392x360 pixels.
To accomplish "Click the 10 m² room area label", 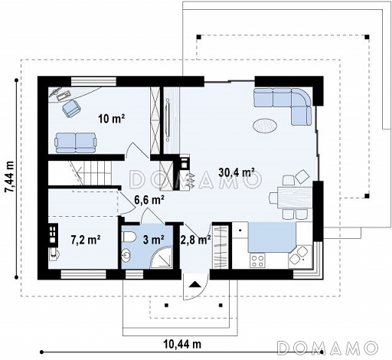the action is click(112, 119).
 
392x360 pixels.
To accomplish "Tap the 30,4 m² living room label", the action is click(237, 172).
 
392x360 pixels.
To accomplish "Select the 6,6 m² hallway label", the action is click(149, 200).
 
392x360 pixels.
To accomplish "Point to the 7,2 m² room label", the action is click(86, 240).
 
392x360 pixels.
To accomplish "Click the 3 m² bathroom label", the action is click(153, 240).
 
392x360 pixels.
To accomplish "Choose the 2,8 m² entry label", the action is click(196, 240).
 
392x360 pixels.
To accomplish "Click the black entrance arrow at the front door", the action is click(195, 284).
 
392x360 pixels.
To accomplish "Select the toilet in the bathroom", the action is click(129, 237).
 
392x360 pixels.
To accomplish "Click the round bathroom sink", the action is click(126, 255).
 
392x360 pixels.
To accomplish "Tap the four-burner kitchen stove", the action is click(257, 260).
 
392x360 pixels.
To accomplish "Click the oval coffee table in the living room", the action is click(265, 125).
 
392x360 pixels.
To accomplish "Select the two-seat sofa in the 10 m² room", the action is click(75, 142).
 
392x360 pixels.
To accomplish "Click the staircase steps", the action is click(93, 174).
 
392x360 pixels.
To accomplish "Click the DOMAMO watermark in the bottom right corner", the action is click(328, 348).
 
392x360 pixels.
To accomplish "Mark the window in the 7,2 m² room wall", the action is click(83, 274).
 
